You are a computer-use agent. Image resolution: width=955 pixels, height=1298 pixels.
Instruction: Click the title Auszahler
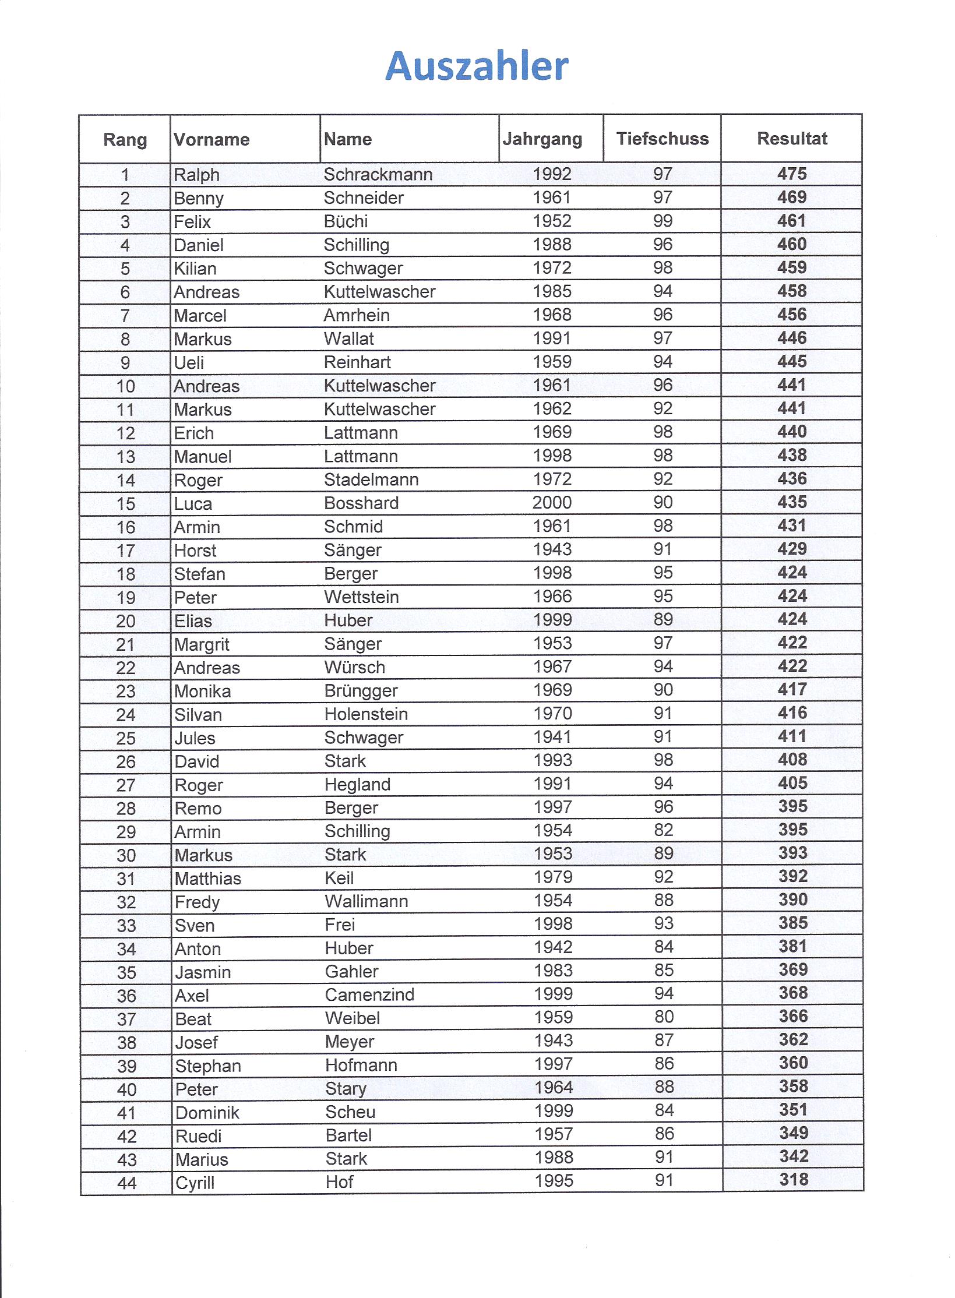point(477,66)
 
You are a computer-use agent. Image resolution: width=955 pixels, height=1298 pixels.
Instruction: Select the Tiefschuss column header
point(662,139)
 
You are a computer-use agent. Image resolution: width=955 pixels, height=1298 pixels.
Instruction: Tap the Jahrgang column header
point(542,139)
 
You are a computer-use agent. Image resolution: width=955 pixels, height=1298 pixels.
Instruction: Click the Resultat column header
point(792,139)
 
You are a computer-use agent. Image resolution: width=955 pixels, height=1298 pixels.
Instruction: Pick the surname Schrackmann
point(378,174)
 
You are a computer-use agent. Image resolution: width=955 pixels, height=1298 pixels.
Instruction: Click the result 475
point(792,174)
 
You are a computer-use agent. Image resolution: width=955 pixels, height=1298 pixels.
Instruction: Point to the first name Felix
point(192,221)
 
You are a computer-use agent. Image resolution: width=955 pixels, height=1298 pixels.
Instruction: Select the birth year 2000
point(552,502)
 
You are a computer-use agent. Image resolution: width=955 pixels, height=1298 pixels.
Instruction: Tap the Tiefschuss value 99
point(662,221)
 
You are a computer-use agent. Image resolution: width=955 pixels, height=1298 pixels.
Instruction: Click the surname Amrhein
point(357,315)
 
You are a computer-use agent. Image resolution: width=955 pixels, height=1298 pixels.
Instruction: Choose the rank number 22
point(126,668)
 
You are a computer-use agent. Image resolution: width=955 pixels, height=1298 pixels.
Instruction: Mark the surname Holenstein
point(366,714)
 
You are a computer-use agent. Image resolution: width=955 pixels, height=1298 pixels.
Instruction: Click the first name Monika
point(203,691)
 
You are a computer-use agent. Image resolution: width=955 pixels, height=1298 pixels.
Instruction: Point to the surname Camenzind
point(369,994)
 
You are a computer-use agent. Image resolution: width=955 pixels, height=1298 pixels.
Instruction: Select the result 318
point(794,1180)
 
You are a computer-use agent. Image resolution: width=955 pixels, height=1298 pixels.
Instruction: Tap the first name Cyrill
point(195,1183)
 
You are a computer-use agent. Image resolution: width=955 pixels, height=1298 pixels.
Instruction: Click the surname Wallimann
point(367,901)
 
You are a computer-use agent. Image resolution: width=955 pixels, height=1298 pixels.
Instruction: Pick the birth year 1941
point(553,737)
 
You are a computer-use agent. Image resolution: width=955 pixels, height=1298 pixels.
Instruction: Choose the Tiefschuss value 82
point(664,830)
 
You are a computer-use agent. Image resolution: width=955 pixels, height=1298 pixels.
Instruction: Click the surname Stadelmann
point(371,479)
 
